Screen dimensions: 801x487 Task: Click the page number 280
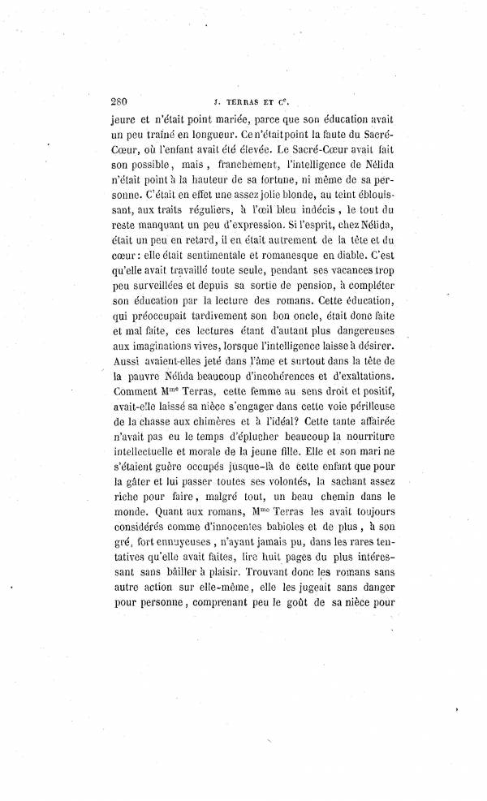click(120, 102)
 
